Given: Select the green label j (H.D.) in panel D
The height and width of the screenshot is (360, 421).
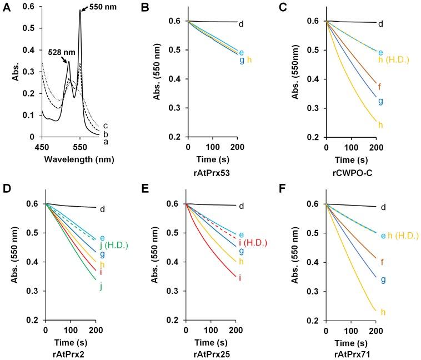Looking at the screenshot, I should click(116, 238).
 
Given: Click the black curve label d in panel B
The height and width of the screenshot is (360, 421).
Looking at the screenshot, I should click(241, 24).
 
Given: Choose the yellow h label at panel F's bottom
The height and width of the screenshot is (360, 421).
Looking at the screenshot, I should click(382, 312).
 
